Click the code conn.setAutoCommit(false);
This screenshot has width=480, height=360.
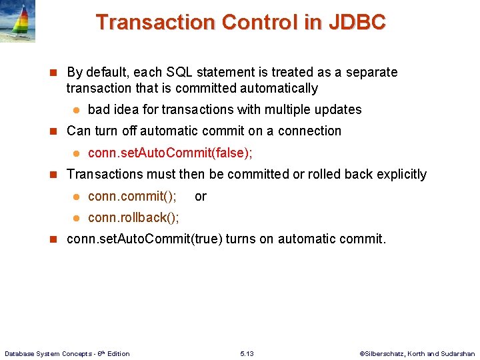coord(170,153)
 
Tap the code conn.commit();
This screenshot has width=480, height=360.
coord(132,196)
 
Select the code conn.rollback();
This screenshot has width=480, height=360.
coord(133,217)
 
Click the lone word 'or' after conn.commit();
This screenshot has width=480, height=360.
coord(201,196)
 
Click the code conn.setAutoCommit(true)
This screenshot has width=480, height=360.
coord(145,239)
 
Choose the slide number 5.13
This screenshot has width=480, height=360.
coord(247,353)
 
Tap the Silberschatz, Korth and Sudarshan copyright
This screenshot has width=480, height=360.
coord(417,353)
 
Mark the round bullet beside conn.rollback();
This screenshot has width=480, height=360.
coord(76,218)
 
